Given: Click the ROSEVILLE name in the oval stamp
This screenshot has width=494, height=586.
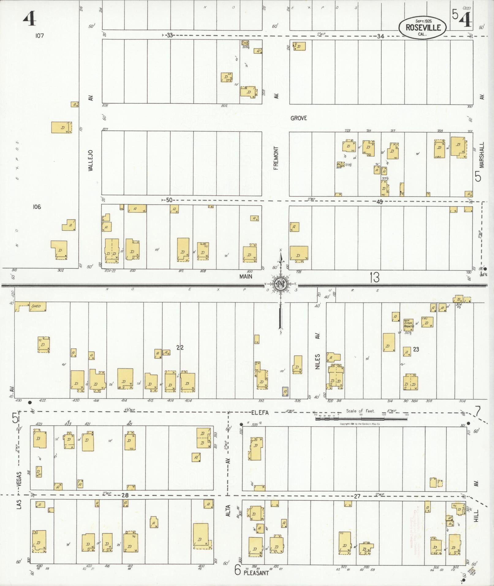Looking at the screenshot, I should coord(423,27).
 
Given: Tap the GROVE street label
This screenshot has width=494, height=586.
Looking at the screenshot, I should coord(298,118).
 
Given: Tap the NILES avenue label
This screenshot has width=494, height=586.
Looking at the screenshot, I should coord(318,361).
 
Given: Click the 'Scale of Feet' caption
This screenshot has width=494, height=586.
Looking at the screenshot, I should coord(360,411).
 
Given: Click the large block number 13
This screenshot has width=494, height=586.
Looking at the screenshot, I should coord(374,278).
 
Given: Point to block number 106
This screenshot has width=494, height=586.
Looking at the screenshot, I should coord(37,207).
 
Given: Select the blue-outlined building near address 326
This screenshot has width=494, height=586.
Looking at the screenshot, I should coord(285,391).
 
